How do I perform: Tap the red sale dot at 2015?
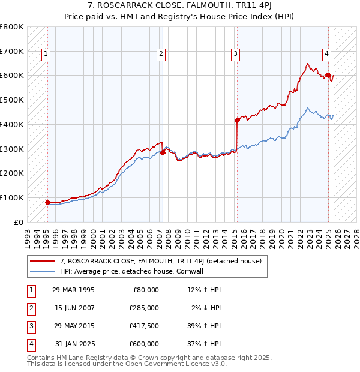coord(237,121)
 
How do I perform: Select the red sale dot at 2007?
coord(163,152)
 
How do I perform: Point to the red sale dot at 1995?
coord(48,202)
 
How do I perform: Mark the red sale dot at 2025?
coord(328,75)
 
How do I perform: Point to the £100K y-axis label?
coord(12,197)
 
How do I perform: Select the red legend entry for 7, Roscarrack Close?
coord(160,261)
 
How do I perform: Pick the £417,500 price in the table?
coord(144,326)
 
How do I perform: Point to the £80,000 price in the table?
coord(146,290)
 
